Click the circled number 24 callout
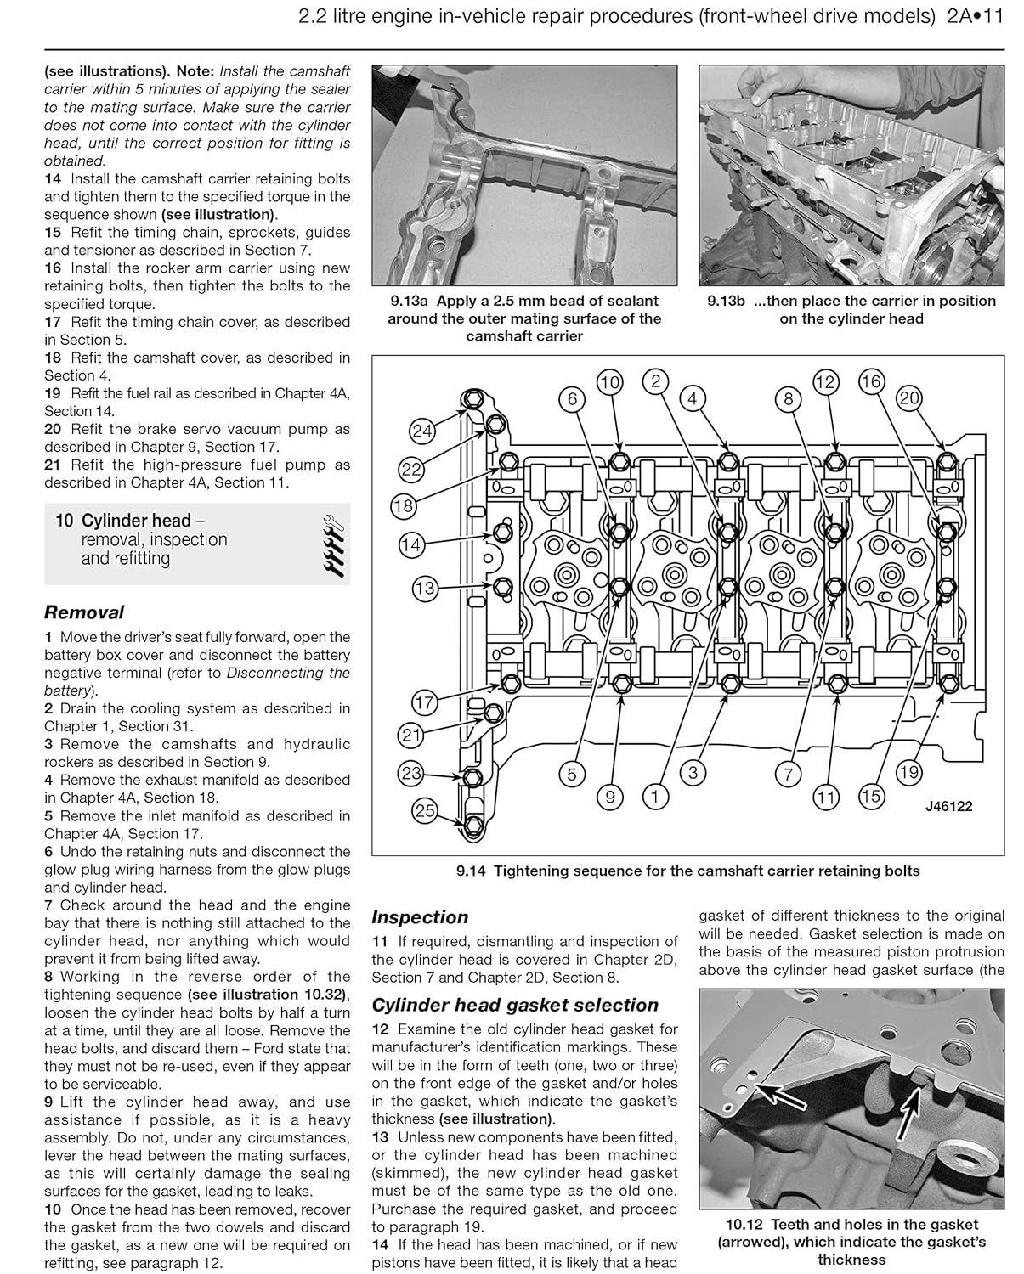tap(422, 431)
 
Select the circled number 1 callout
tap(654, 796)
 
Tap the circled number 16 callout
tap(871, 381)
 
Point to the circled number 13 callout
tap(424, 588)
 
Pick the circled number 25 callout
tap(424, 811)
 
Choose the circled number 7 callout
tap(788, 774)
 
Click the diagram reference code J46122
tap(948, 806)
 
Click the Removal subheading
tap(83, 612)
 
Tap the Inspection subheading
tap(420, 917)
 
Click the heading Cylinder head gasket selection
tap(515, 1005)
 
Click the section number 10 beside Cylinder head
tap(64, 521)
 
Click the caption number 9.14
tap(472, 871)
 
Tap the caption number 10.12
tap(746, 1225)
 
